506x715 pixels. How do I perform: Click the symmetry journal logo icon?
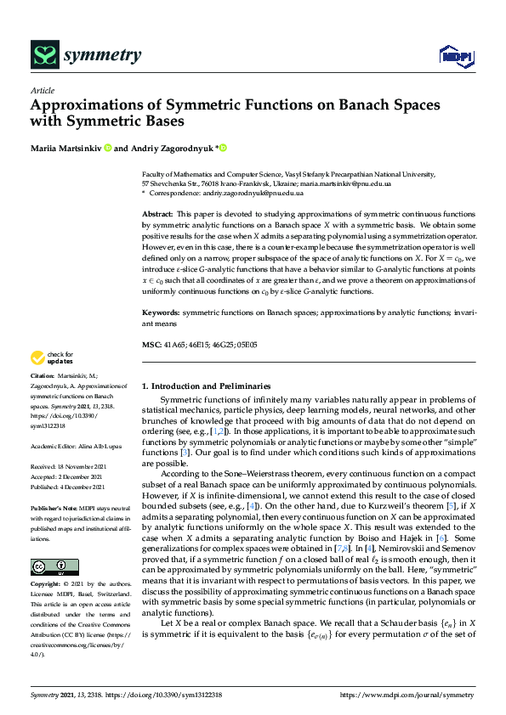(43, 56)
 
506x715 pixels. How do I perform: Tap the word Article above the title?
(42, 91)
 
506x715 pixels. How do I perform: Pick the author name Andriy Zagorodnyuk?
(171, 149)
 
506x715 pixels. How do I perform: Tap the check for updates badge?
(51, 381)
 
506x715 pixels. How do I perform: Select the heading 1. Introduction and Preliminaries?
(205, 386)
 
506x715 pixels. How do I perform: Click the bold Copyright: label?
(45, 585)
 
